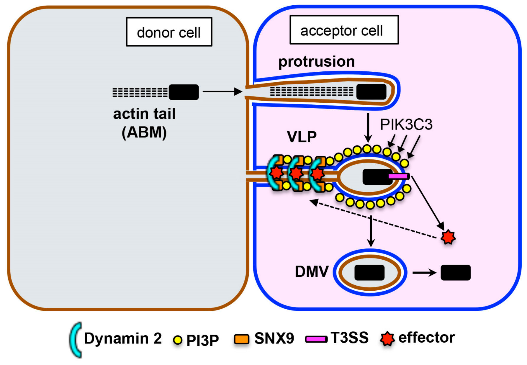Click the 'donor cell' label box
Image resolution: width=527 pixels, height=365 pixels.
[x=169, y=32]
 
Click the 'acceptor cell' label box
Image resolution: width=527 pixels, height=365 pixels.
[x=344, y=30]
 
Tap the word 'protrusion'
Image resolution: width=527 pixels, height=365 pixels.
[x=317, y=62]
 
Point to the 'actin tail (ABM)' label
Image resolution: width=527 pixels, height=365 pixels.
[x=144, y=123]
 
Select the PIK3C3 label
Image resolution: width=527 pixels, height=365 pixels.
[x=406, y=124]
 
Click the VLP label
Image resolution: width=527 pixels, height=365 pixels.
[x=302, y=137]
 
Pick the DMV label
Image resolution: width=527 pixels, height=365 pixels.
[x=312, y=271]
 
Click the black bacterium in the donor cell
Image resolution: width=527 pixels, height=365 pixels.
[x=184, y=92]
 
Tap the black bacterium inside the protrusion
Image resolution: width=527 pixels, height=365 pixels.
[x=371, y=92]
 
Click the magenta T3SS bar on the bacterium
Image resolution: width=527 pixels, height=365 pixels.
[x=398, y=176]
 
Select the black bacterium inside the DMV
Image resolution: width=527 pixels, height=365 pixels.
[x=369, y=272]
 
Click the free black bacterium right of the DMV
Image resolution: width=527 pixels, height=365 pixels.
[x=456, y=272]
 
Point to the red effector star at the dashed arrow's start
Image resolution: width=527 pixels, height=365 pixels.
[x=448, y=237]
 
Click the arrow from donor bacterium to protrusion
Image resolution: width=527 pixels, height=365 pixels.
[x=222, y=92]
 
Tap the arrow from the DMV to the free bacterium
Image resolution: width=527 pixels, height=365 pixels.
[x=424, y=273]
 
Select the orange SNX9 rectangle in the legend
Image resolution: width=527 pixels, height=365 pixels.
[x=242, y=339]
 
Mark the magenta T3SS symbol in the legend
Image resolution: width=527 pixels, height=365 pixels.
[x=316, y=339]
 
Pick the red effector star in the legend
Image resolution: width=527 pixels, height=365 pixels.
[x=387, y=339]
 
